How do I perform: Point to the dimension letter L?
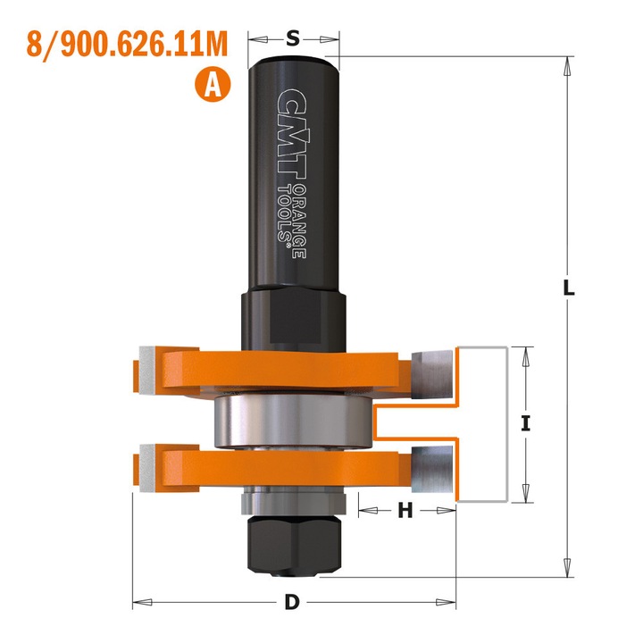[569, 289]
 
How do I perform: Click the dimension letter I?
[526, 425]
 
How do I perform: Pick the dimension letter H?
[405, 511]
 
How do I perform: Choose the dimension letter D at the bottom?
[291, 602]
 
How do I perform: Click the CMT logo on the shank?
[291, 134]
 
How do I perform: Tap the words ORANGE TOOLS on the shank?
[293, 219]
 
